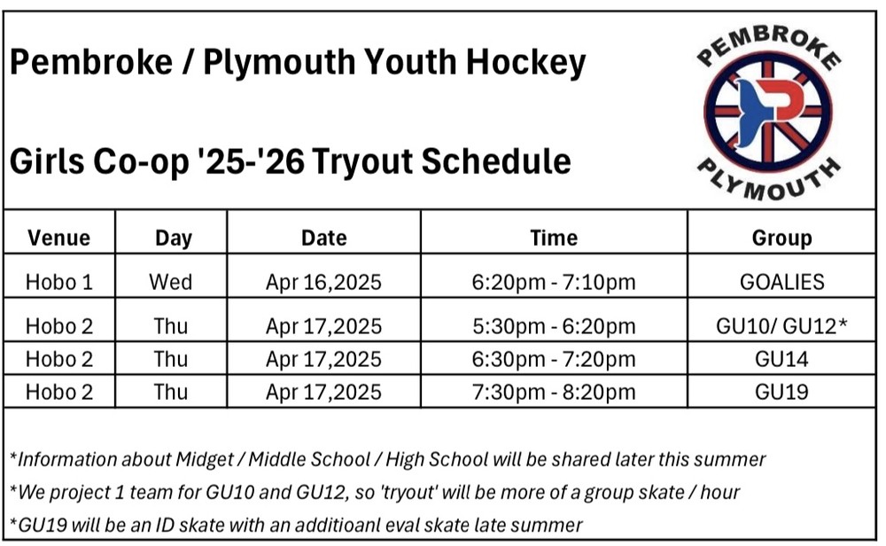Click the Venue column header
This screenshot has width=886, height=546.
point(58,238)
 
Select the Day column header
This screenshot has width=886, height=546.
point(174,238)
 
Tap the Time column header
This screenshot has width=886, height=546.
point(554,238)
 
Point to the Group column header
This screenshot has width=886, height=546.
point(781,238)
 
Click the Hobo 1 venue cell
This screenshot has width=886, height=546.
point(58,282)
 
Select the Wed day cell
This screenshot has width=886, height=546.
point(171,282)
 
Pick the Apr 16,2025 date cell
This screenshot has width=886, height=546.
point(323,282)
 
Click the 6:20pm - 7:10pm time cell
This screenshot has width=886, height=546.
point(554,282)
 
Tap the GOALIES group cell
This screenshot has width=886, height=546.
point(782,282)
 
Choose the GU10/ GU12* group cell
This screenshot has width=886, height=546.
point(781,326)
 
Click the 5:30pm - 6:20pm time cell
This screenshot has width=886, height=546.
point(554,326)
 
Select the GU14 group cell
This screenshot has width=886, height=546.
point(781,359)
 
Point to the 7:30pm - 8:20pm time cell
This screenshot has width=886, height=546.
point(554,392)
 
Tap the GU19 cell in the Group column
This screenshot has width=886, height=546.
point(781,392)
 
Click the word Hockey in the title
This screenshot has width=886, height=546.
point(525,62)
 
